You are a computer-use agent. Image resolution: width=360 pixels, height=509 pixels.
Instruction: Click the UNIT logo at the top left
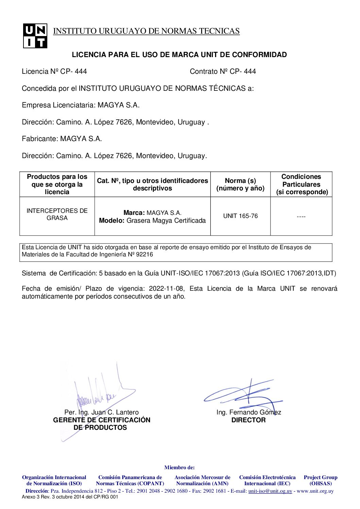pos(35,36)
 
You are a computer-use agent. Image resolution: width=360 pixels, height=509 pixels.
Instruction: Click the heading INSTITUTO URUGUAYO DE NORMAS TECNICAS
pos(146,31)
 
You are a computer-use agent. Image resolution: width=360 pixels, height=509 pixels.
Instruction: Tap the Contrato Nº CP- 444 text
pos(223,71)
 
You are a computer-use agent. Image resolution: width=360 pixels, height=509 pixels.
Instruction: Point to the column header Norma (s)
pos(240,184)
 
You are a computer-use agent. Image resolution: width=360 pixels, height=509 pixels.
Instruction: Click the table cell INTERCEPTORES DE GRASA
pos(57,214)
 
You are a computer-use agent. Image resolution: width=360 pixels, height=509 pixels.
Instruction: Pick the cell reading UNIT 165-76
pos(240,216)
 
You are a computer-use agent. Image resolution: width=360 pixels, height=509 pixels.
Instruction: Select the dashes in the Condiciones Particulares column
pos(301,217)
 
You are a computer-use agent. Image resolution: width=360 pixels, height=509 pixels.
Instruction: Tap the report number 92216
pos(145,254)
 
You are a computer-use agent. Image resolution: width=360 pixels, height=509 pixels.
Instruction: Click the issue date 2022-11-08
pos(166,289)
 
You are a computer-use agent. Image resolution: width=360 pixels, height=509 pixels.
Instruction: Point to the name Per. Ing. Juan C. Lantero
pos(101,412)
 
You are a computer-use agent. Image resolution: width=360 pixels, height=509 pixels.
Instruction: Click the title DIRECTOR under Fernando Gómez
pos(248,420)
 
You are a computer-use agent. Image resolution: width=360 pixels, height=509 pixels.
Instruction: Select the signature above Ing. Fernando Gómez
pos(243,394)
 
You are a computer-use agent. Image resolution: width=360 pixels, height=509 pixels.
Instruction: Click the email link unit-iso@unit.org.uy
pos(270,491)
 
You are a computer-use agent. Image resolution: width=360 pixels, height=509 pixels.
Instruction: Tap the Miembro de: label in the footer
pos(179,468)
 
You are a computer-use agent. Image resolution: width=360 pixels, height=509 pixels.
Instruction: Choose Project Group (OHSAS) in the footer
pos(320,480)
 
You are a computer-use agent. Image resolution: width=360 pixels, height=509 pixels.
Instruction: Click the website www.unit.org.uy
pos(315,491)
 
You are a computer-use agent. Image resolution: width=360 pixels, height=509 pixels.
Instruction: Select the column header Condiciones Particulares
pos(301,184)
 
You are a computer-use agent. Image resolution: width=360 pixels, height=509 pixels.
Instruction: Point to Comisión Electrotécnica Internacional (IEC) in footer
pos(267,480)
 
